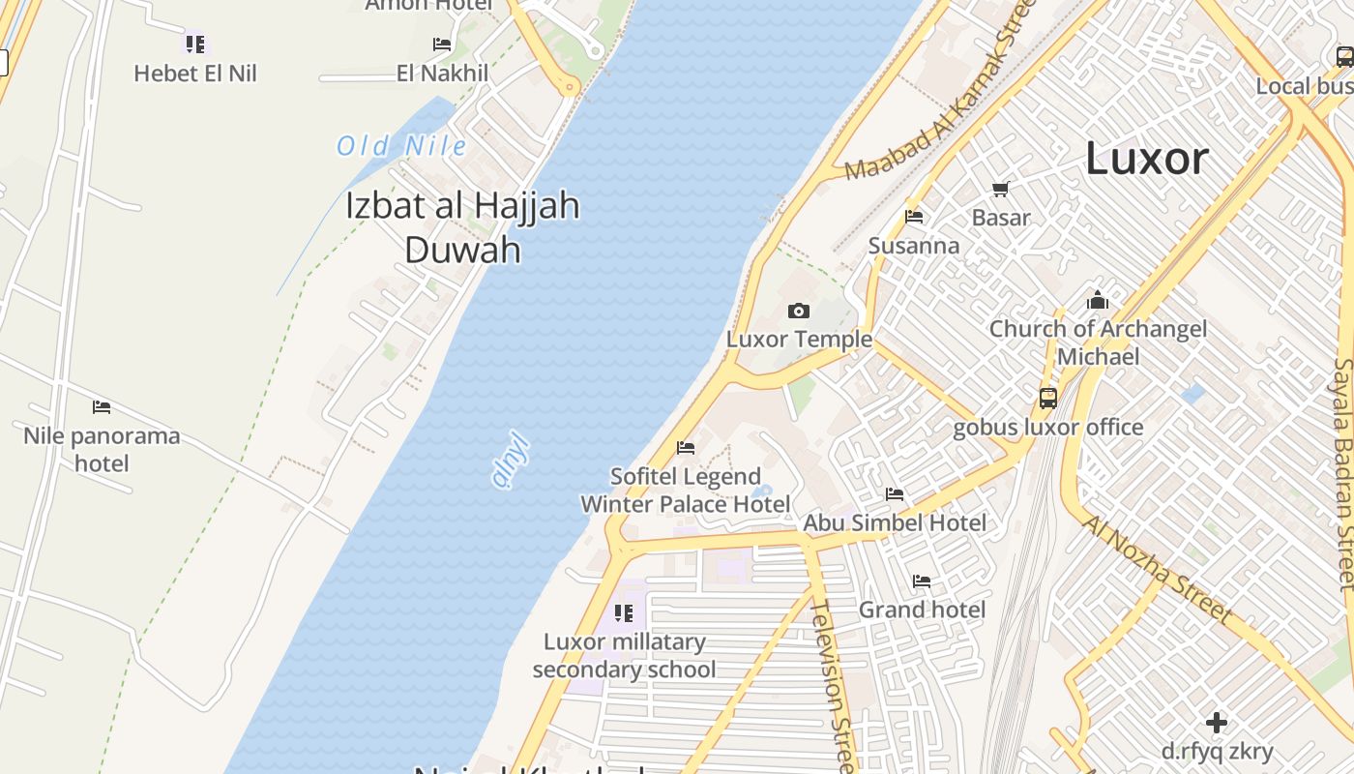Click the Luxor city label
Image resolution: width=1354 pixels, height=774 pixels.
(1147, 159)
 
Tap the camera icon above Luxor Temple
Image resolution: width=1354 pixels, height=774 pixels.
(799, 311)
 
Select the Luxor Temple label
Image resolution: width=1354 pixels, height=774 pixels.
(799, 340)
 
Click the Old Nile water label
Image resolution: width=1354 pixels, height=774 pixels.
(401, 146)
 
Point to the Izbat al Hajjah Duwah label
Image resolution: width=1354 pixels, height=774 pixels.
(463, 227)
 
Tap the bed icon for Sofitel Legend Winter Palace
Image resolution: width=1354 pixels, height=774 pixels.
(686, 448)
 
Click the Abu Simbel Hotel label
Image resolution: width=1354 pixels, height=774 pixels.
(896, 522)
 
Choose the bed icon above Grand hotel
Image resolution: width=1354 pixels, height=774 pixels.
(922, 581)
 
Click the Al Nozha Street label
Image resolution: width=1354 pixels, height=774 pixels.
(1171, 569)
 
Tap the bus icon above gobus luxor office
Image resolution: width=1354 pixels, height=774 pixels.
(1048, 398)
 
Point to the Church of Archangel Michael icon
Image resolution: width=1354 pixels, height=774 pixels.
(1098, 300)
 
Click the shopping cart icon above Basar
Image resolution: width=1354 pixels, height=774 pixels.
(1001, 189)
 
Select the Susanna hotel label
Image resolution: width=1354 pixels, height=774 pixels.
(914, 246)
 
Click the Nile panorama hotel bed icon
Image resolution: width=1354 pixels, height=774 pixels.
(102, 407)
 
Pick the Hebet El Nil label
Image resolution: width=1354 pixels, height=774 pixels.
(195, 74)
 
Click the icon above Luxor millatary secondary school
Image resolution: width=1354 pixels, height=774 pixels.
(624, 613)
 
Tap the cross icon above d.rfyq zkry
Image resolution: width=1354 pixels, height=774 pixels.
(1217, 723)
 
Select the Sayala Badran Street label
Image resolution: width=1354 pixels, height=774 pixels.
(1343, 474)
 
